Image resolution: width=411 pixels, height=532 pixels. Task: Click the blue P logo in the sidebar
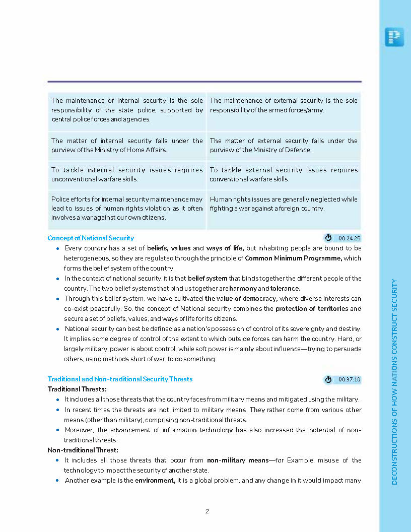coord(394,37)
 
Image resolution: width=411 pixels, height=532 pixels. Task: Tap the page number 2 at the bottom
coord(207,511)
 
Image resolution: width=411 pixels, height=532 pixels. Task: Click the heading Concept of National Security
coord(91,238)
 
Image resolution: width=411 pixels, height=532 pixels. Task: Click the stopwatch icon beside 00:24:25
coord(328,238)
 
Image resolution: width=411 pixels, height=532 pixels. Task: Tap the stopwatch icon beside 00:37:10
coord(328,379)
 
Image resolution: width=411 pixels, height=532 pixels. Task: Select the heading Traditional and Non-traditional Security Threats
coord(120,379)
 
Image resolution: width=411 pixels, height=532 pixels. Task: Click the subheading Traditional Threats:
coord(77,389)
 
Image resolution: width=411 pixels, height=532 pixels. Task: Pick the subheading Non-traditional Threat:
coord(83,450)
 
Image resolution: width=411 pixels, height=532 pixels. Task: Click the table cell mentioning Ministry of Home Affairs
coord(127,145)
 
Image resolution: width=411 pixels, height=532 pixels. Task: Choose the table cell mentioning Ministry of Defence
coord(284,145)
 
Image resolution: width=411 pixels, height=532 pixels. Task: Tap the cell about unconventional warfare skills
coord(127,174)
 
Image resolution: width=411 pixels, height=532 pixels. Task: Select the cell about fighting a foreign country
coord(284,204)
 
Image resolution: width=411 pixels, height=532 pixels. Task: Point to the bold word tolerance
coord(285,289)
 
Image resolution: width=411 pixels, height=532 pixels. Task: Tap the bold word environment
coord(155,480)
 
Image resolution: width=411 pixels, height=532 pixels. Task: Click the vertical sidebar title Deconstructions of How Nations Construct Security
coord(394,381)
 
